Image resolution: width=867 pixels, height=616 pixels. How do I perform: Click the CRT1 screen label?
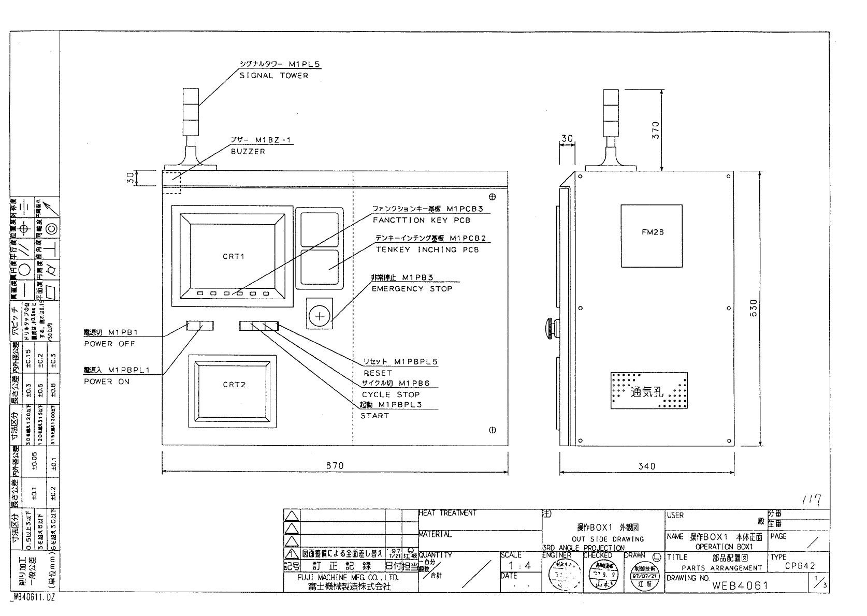(x=233, y=256)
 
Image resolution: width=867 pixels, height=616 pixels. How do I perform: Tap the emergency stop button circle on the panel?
(x=320, y=316)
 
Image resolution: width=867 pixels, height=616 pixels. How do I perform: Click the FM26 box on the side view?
(x=652, y=232)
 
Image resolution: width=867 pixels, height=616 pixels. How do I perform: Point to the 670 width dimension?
(x=335, y=465)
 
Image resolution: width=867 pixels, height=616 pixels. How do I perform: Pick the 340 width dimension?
(x=646, y=466)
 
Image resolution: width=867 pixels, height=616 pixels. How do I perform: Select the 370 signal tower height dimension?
(x=655, y=129)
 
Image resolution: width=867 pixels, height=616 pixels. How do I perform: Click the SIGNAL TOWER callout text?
(x=273, y=76)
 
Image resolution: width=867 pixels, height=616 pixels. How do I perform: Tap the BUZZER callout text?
(x=248, y=152)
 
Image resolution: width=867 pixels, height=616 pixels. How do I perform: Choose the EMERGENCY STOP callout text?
(x=412, y=289)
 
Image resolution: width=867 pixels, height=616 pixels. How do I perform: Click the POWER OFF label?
(x=109, y=344)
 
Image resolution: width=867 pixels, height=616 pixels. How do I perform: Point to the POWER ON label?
(x=107, y=382)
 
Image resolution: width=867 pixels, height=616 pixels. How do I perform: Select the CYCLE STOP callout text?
(x=391, y=394)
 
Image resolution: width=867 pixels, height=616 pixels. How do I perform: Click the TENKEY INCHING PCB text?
(x=427, y=250)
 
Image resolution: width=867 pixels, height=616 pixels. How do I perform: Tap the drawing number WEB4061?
(x=740, y=585)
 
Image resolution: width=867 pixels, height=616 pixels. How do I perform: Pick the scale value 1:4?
(x=519, y=566)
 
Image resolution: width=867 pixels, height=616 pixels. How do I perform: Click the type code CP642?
(x=800, y=566)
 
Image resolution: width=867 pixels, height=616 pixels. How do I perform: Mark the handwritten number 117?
(x=813, y=500)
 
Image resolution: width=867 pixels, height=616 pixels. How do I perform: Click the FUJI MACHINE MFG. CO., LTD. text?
(x=350, y=577)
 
